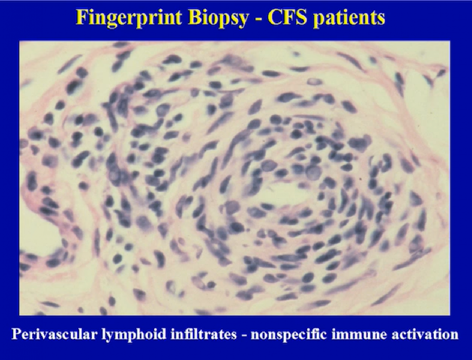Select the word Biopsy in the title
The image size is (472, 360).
[218, 19]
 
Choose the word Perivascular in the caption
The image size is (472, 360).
[53, 335]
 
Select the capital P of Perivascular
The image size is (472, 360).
[17, 334]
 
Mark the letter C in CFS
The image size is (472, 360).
[274, 18]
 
